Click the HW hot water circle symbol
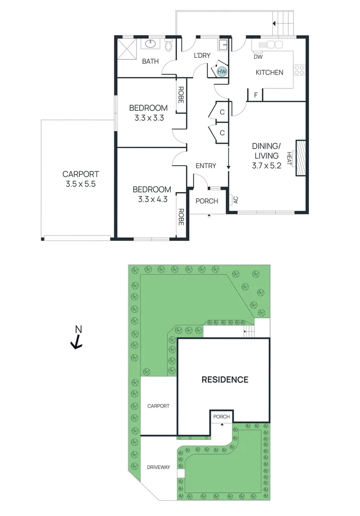point(221,72)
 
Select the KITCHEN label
point(270,73)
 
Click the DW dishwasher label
point(258,57)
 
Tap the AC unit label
point(235,200)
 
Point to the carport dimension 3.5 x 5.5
point(80,184)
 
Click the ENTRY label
point(206,166)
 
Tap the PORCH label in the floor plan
point(207,201)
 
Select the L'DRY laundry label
point(202,56)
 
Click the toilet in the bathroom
point(168,46)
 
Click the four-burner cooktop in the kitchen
point(299,70)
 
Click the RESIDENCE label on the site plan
point(225,380)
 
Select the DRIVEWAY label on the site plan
point(158,467)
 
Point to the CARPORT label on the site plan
point(158,406)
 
